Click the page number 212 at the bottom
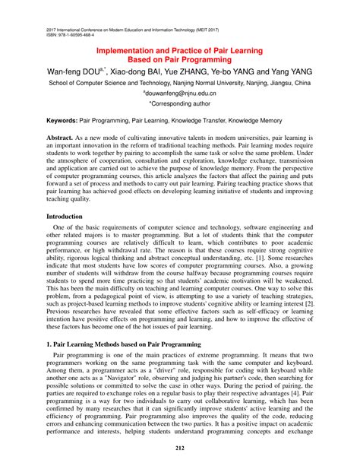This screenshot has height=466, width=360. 180,448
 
